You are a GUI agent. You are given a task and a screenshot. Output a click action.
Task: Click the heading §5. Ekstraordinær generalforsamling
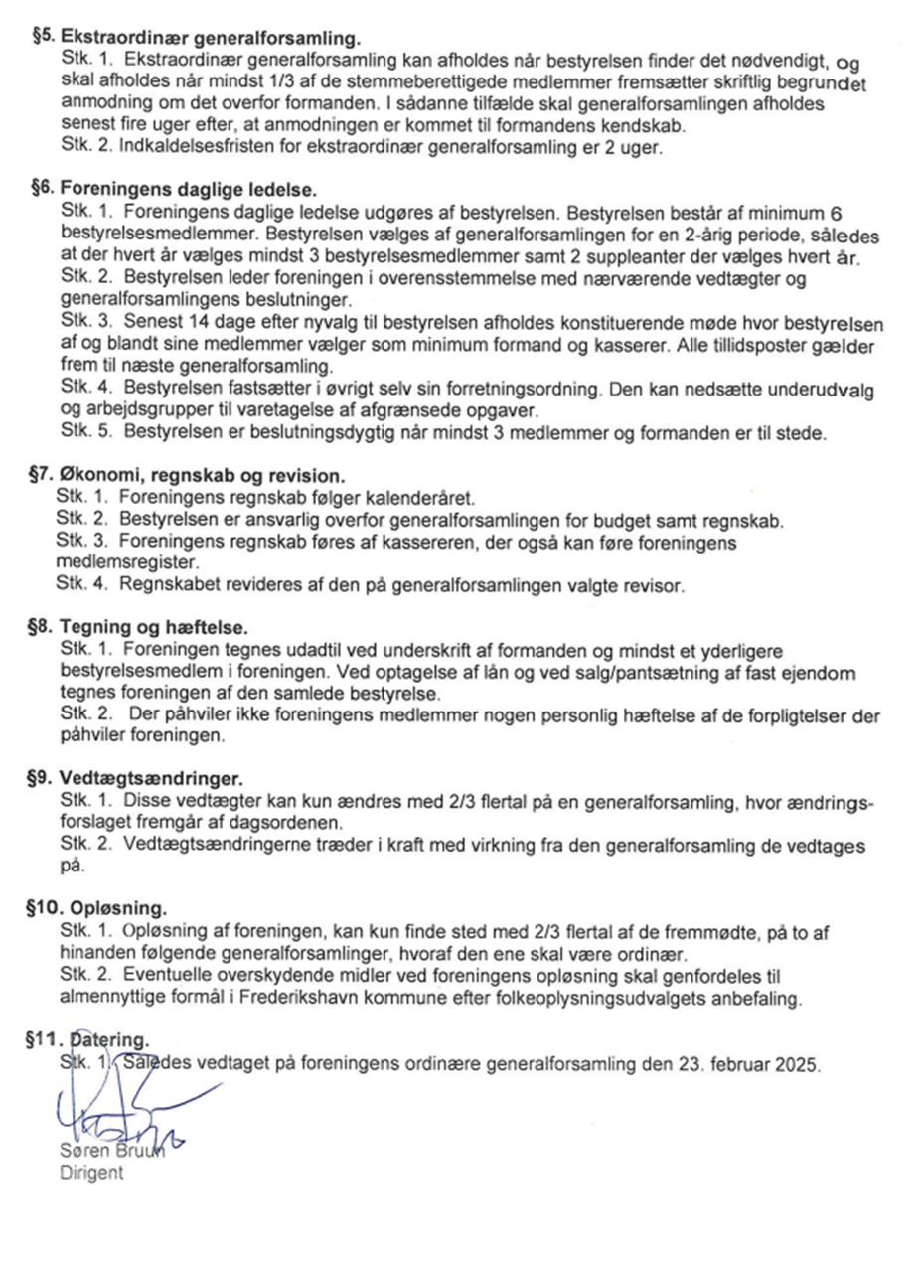click(195, 39)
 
